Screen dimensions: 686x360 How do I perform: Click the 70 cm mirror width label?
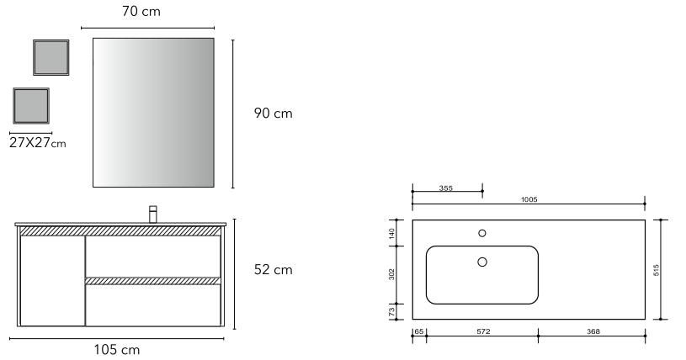tap(141, 12)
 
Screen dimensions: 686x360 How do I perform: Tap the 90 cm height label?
tap(273, 114)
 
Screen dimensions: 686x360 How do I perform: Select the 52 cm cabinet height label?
tap(273, 269)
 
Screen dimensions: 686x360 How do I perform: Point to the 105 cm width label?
tap(117, 350)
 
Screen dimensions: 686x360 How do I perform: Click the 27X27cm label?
tap(38, 143)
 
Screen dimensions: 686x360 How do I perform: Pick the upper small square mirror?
tap(51, 58)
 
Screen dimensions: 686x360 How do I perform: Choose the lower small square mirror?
tap(31, 106)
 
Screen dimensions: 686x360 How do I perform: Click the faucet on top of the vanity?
tap(152, 214)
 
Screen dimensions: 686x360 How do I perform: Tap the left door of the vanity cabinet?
tap(52, 281)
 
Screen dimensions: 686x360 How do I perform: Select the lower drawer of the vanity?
tap(153, 305)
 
